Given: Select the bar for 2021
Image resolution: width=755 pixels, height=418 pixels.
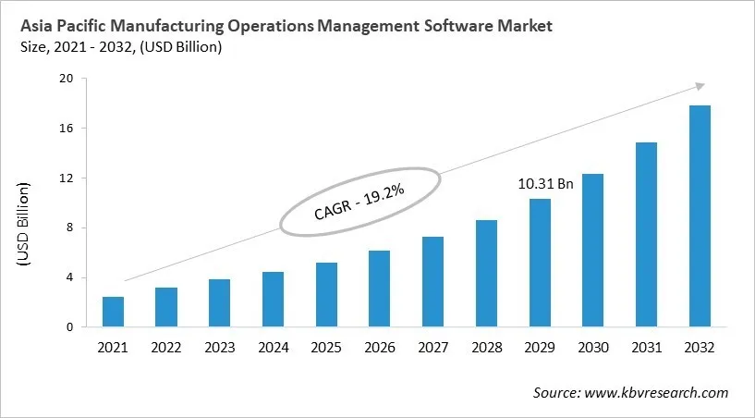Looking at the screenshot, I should click(x=113, y=312).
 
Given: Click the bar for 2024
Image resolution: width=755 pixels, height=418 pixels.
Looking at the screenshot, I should click(x=273, y=300).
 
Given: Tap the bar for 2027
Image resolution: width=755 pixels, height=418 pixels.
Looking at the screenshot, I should click(x=432, y=282).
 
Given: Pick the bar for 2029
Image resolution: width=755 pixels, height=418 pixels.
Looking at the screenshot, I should click(x=540, y=263).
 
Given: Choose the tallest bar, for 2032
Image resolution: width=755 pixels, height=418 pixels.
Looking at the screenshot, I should click(x=700, y=216).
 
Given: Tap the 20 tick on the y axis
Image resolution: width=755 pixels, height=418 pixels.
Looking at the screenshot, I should click(x=67, y=79).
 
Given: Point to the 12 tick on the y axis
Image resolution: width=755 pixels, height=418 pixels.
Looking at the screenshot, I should click(x=67, y=178).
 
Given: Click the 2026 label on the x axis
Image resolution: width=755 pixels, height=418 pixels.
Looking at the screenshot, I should click(x=380, y=348).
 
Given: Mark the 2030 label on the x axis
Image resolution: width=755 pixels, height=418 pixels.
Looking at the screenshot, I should click(x=592, y=348).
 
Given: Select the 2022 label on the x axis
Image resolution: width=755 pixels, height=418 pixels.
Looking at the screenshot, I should click(x=166, y=348).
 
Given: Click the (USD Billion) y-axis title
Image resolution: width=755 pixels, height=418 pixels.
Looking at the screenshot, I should click(x=24, y=226).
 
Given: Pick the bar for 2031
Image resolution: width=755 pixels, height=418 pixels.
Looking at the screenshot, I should click(x=646, y=235).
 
